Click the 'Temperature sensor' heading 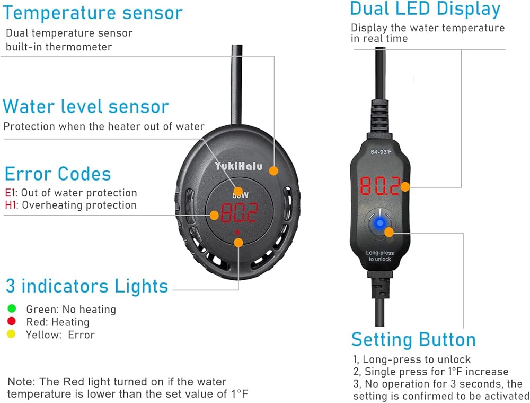92,13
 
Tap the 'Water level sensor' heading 86,106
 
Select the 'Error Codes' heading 58,174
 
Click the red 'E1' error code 10,193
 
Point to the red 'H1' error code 11,205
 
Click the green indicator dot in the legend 12,308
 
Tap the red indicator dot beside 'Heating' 12,321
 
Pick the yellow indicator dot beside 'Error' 12,335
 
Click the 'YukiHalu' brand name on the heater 238,166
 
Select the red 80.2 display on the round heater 239,213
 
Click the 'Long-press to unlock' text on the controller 378,256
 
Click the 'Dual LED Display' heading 425,9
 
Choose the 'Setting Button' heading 413,339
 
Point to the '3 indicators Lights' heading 87,286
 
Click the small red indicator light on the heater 238,233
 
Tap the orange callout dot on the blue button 389,231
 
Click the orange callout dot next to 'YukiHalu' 273,170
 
